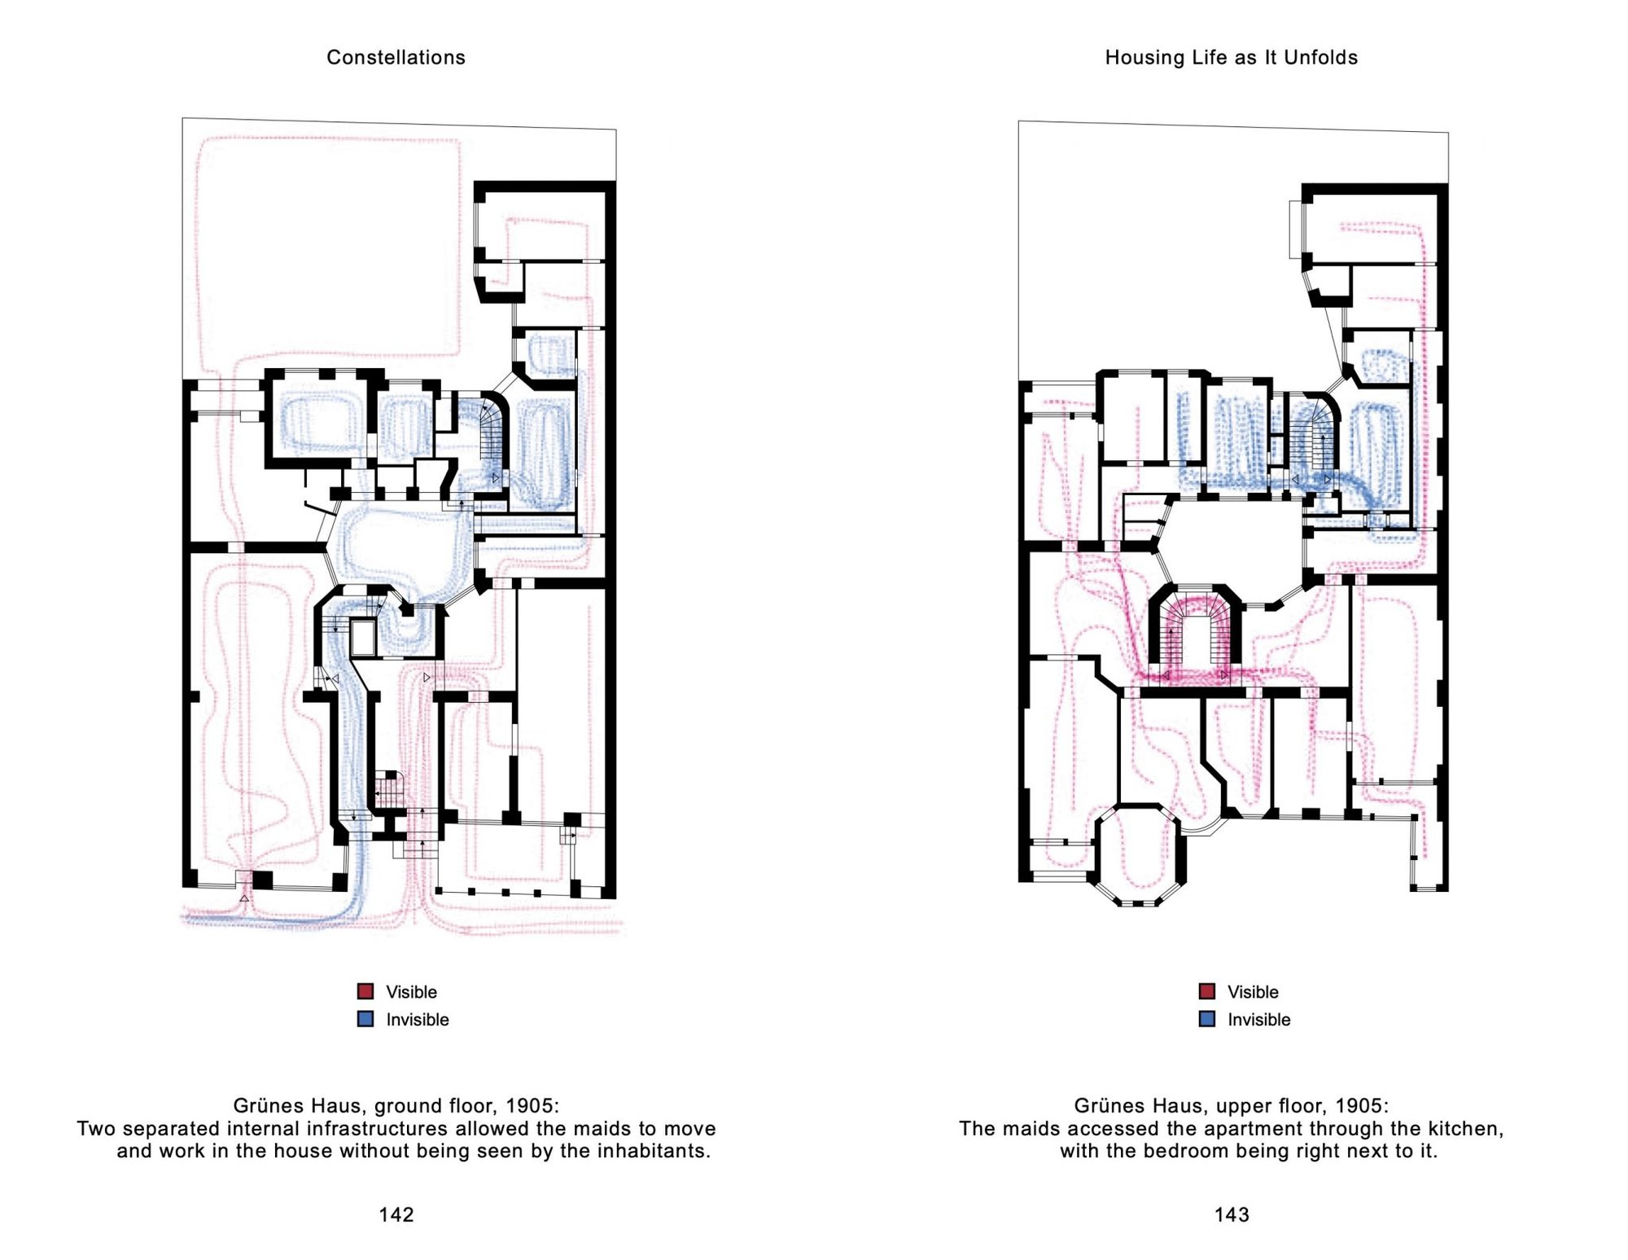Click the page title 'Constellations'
396,57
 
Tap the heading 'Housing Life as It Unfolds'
1231,57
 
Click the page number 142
396,1214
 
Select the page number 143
1232,1214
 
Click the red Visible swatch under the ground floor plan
365,991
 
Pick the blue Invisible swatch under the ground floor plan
365,1019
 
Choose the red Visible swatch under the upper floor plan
1207,991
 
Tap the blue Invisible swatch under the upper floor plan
1207,1019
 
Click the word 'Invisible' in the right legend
1259,1020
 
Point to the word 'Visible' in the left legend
411,992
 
